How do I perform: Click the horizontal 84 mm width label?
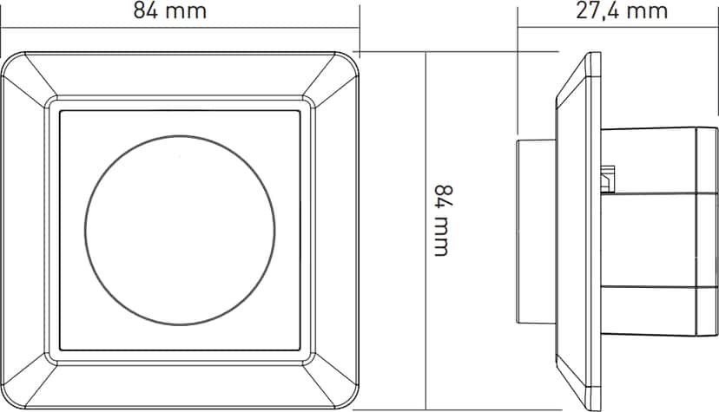[x=169, y=10]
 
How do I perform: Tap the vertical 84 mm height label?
[x=442, y=220]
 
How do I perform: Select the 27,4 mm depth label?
[x=622, y=10]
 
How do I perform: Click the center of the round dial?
[x=180, y=230]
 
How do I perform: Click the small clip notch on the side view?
[x=608, y=178]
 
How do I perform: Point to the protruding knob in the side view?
[x=537, y=232]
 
